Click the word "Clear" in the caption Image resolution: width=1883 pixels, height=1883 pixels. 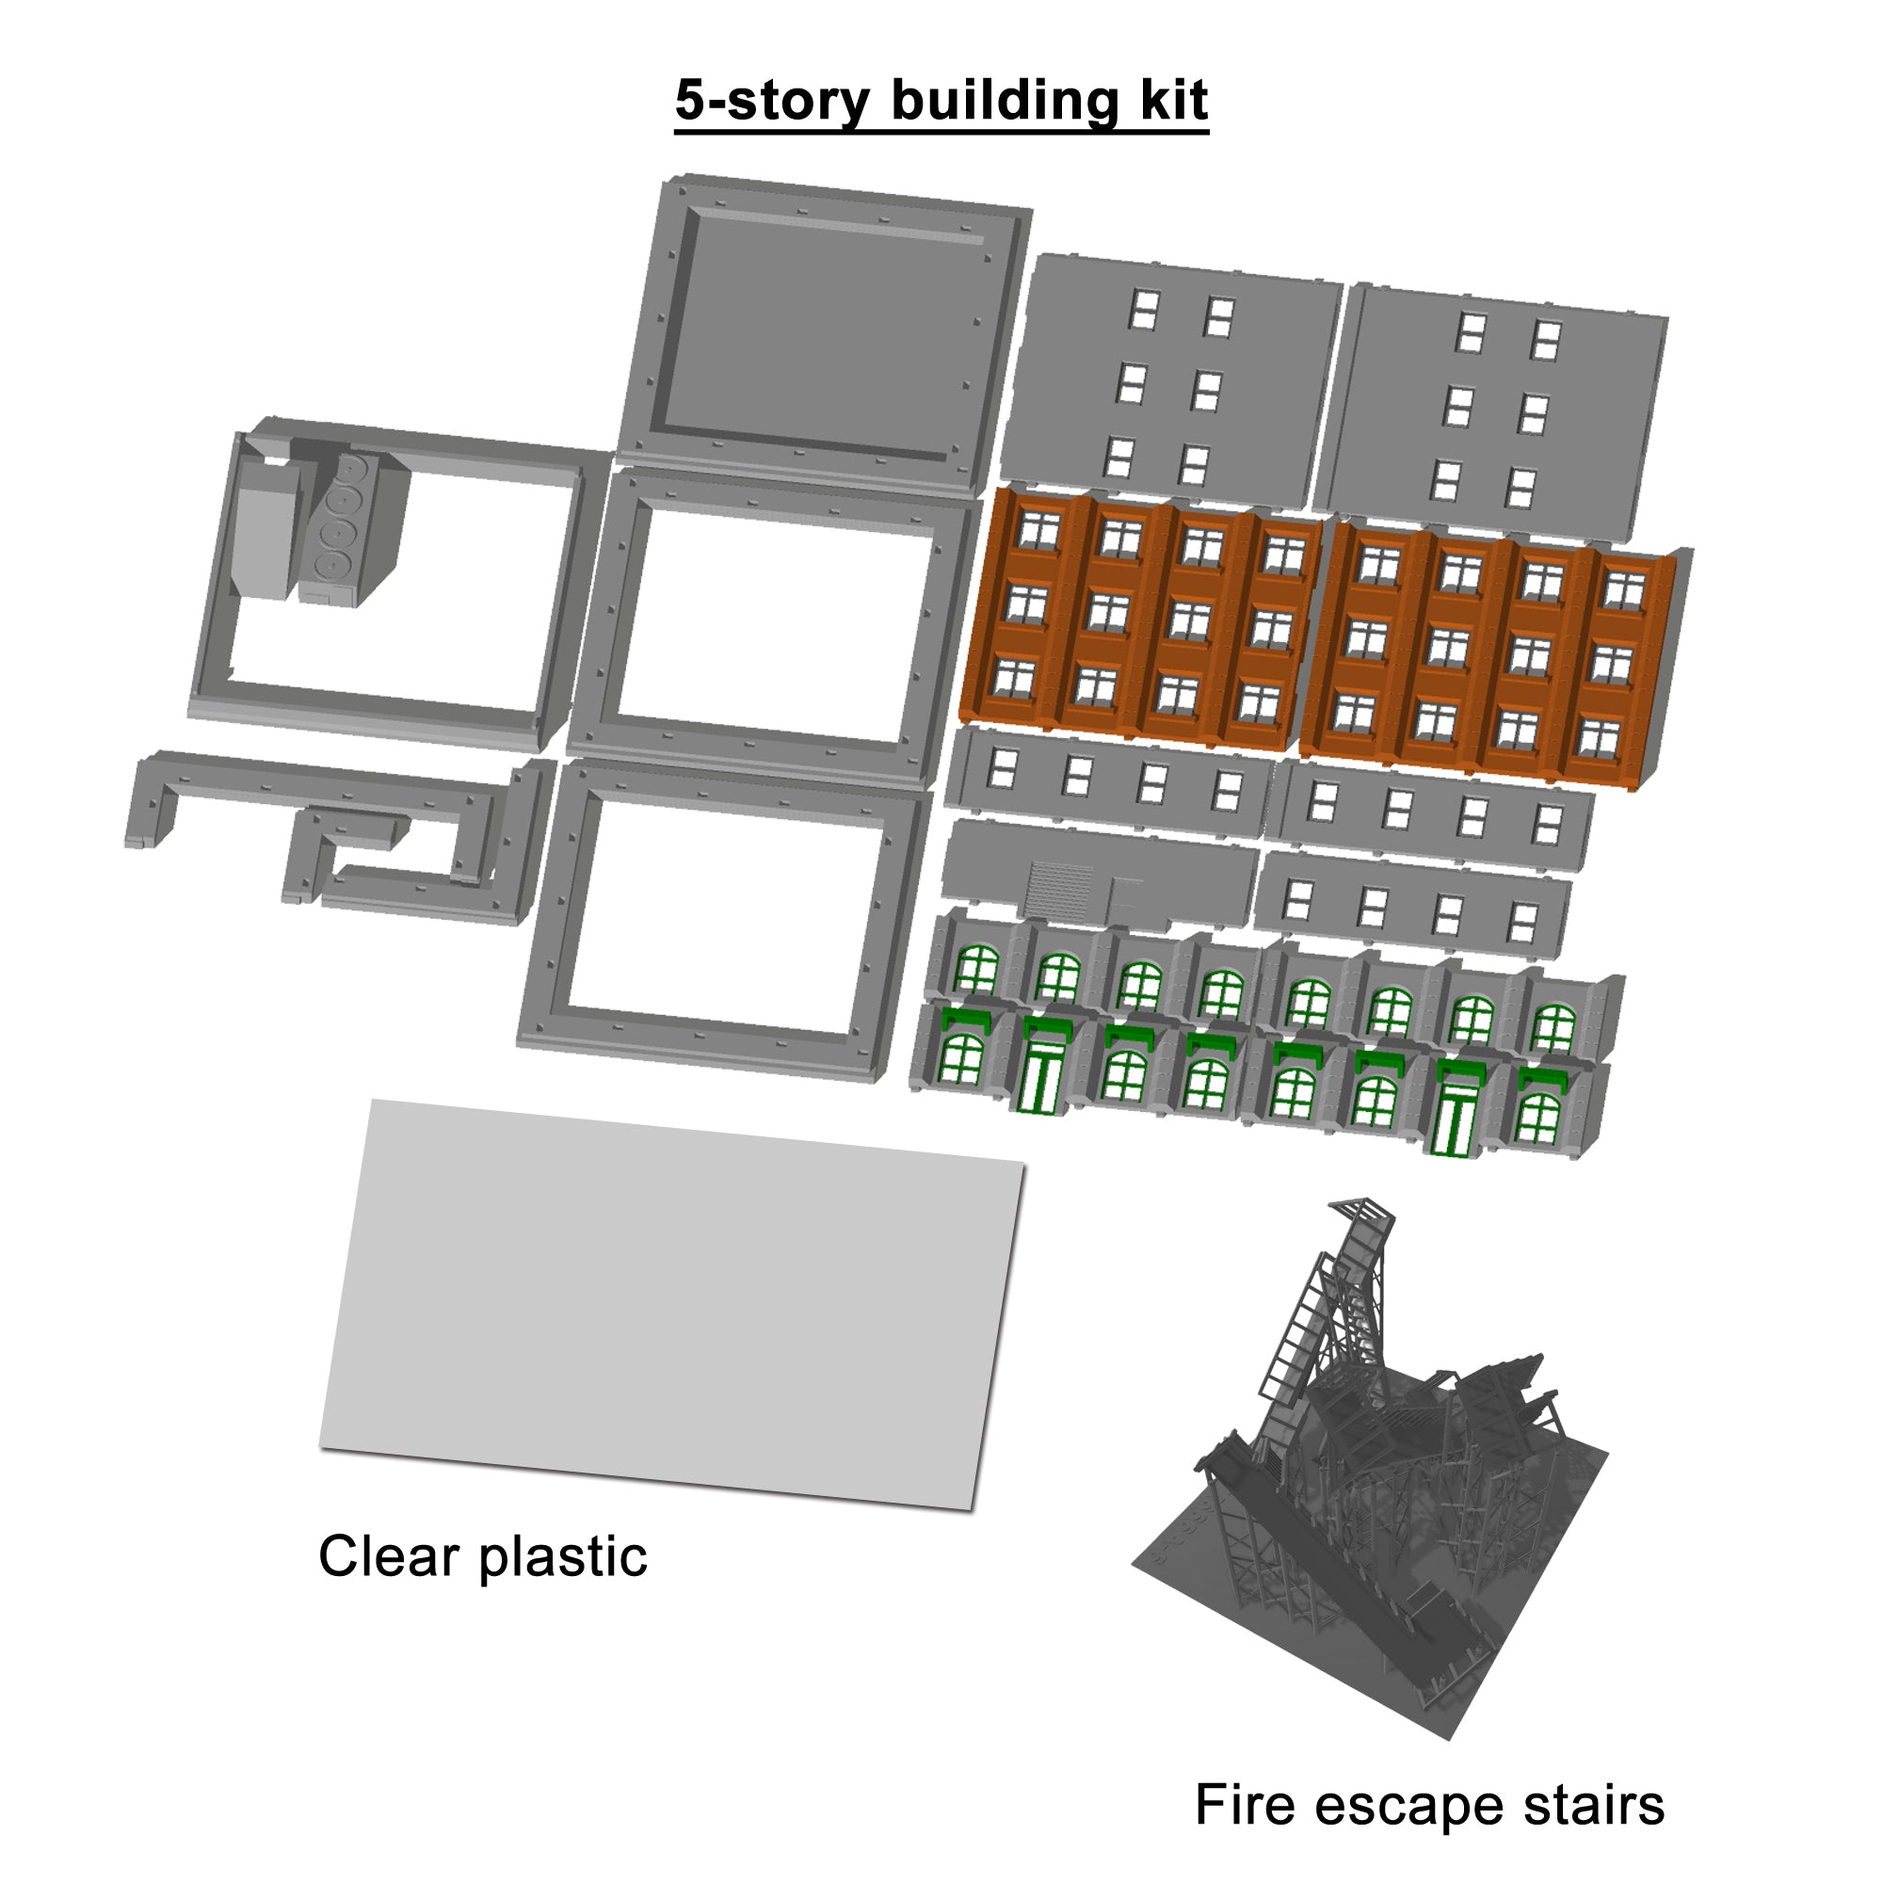pos(389,1556)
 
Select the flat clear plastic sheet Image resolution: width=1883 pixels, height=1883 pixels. pos(672,1305)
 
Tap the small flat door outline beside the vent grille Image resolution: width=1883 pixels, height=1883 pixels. pos(1126,894)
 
